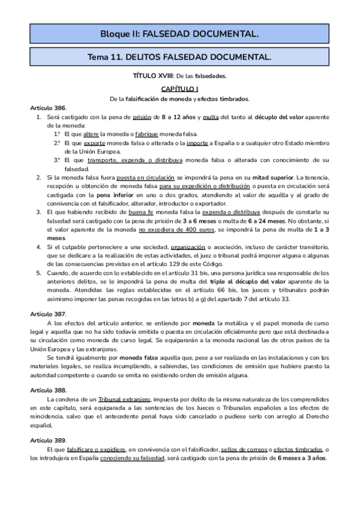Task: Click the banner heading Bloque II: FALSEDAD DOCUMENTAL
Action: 179,34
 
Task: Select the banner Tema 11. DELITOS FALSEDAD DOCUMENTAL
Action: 179,57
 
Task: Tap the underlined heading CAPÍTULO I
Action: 179,88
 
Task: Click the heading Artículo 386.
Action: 48,107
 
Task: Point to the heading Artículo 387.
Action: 48,314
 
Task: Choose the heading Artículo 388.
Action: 48,390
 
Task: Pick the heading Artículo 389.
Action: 48,440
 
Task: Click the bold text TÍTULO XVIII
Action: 152,76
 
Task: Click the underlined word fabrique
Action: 147,134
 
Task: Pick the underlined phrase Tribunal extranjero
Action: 125,399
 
